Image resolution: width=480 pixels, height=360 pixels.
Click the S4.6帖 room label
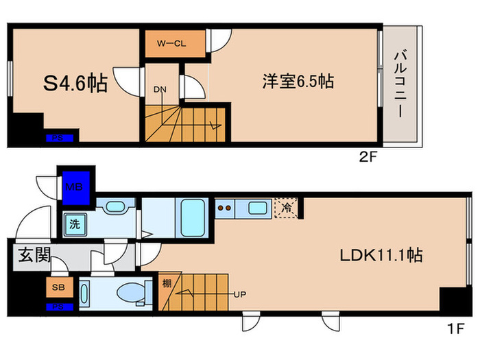[x=75, y=84]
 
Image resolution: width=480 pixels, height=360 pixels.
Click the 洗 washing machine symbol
[x=73, y=222]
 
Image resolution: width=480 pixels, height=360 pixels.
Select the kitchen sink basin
[x=257, y=208]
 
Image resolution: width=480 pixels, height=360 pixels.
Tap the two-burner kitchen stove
[x=225, y=206]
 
